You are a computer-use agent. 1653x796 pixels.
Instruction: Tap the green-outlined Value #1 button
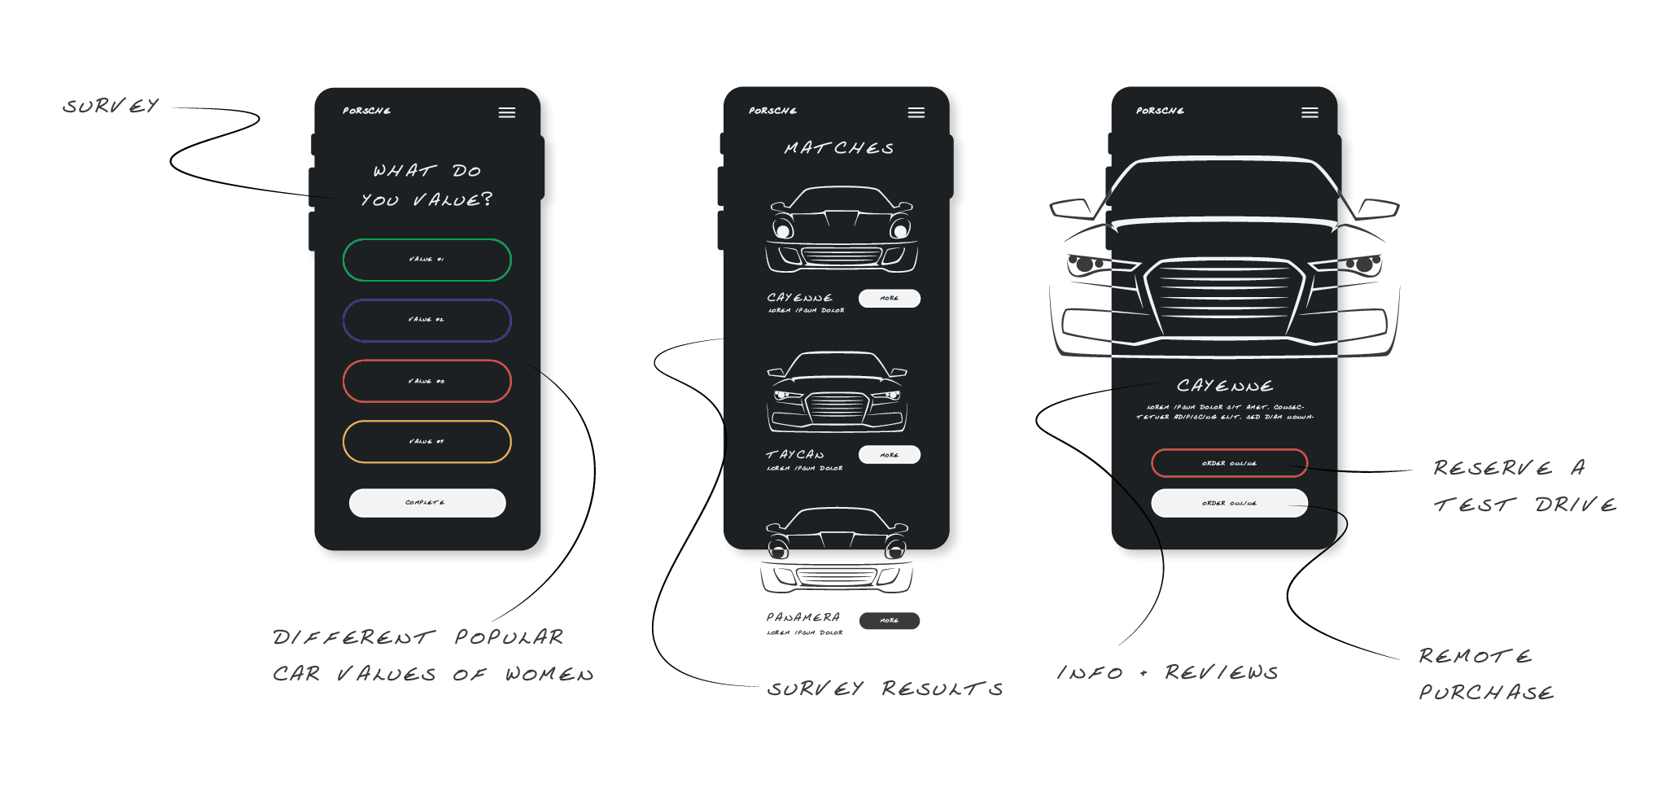pos(426,260)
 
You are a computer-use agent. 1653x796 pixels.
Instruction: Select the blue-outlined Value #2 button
pos(426,320)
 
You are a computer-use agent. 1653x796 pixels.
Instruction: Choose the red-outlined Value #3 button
pos(426,381)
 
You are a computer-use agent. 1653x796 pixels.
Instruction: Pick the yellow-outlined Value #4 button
pos(426,441)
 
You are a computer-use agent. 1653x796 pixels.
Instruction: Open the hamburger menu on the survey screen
pos(506,112)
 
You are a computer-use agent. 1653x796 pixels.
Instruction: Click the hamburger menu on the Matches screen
pos(916,112)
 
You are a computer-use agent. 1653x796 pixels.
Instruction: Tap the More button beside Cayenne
pos(889,298)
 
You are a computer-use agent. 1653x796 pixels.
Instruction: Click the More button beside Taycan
pos(889,455)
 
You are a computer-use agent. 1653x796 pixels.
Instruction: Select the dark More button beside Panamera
pos(889,620)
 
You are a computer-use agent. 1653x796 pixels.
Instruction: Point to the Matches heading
pos(838,148)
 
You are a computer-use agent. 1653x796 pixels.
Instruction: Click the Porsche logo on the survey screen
pos(366,111)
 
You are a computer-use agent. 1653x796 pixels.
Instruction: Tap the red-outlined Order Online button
pos(1229,463)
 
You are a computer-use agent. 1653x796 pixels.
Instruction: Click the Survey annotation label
pos(111,107)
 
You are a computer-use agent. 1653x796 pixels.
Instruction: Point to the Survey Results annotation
pos(885,689)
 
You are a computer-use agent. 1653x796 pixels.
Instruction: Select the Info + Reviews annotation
pos(1167,672)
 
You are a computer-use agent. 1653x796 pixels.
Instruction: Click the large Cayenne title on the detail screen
pos(1225,386)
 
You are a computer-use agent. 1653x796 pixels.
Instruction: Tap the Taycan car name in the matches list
pos(795,455)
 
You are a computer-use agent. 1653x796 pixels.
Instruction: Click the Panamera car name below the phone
pos(802,617)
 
